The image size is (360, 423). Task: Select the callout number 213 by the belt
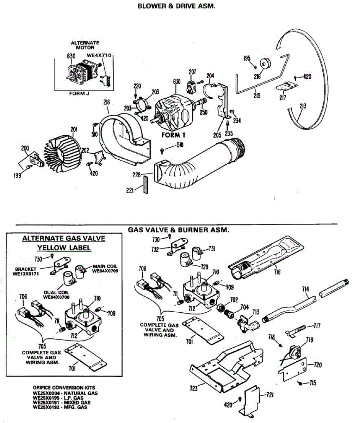coord(303,106)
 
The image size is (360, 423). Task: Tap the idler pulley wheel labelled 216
coord(264,64)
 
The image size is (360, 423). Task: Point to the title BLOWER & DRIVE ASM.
coord(176,6)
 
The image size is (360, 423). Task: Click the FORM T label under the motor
coord(173,135)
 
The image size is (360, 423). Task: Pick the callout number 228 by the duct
coord(146,174)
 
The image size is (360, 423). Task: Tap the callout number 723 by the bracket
coord(193,388)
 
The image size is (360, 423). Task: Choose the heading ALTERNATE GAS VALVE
coord(64,238)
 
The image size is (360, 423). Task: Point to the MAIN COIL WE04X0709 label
coord(105,269)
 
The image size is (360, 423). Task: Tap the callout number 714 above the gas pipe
coord(305,289)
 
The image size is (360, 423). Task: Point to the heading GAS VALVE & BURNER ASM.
coord(178,230)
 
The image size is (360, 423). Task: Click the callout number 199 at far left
coord(17,175)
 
